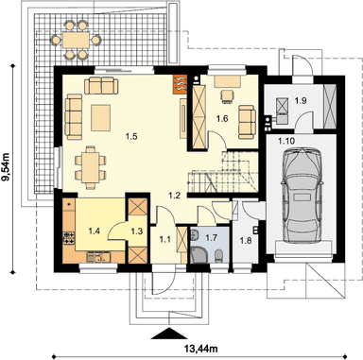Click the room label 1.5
click(x=131, y=137)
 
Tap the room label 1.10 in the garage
click(x=286, y=141)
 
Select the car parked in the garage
click(x=302, y=195)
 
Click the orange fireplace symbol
click(x=180, y=84)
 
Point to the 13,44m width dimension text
click(x=200, y=349)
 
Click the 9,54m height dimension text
click(x=6, y=166)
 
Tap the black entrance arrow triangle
click(x=169, y=334)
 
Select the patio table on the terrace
click(x=77, y=40)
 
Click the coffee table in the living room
click(x=101, y=118)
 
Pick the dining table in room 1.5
click(x=91, y=167)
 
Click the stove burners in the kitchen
click(x=69, y=238)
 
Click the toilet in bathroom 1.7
click(x=218, y=255)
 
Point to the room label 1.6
click(x=222, y=119)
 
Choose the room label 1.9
click(x=301, y=101)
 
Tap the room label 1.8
click(x=246, y=241)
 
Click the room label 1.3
click(x=137, y=231)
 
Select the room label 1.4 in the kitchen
click(x=94, y=231)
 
